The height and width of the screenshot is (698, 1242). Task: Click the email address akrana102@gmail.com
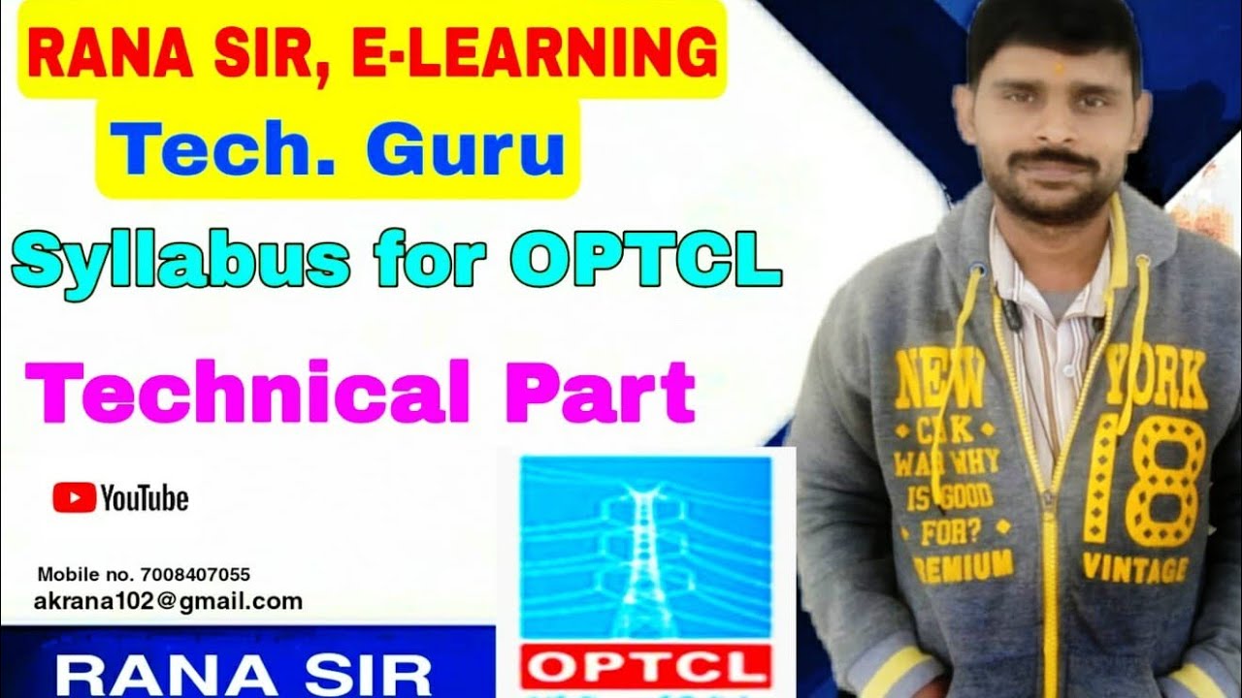pos(168,602)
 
